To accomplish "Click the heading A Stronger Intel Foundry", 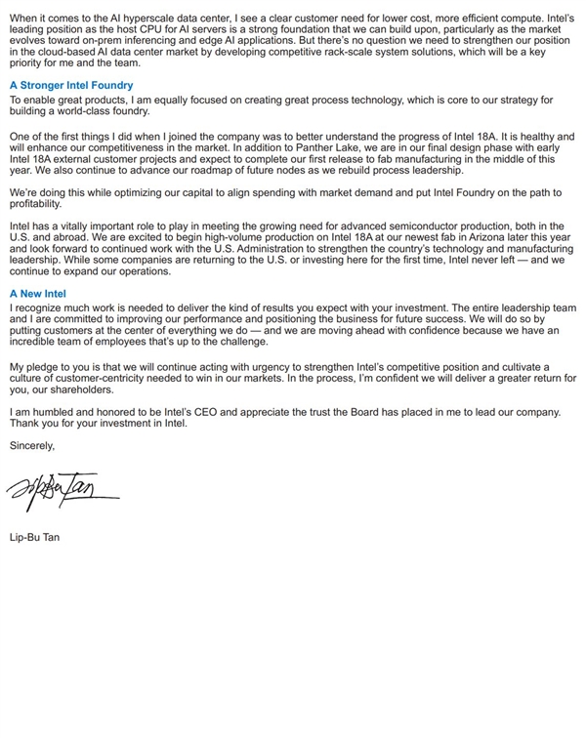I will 71,86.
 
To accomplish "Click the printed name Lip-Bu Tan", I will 34,537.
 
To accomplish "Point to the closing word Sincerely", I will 32,445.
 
